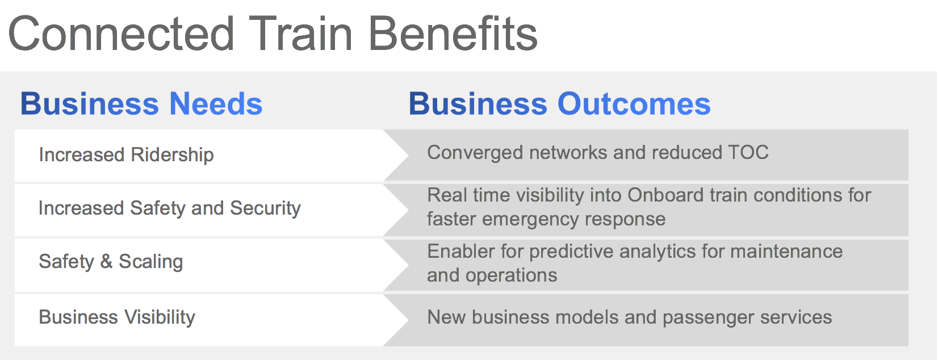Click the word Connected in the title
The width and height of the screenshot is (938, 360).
point(121,34)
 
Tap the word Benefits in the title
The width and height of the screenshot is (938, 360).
point(453,34)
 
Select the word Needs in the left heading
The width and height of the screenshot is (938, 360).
point(216,104)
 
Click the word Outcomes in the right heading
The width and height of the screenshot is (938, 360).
point(634,104)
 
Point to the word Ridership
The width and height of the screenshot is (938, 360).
point(172,155)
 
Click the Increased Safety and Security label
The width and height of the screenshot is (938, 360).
point(170,208)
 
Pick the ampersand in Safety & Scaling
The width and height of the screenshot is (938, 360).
point(106,261)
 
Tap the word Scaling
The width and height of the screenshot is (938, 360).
point(151,262)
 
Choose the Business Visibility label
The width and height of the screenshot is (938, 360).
point(117,317)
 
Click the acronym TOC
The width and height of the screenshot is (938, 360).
point(748,152)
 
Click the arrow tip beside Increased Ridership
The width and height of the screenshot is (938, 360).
point(408,156)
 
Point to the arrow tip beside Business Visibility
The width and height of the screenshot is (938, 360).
point(408,320)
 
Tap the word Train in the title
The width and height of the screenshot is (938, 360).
point(300,34)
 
